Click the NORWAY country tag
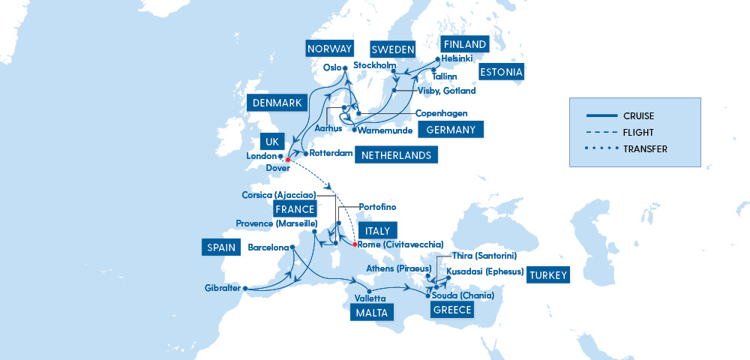click(329, 49)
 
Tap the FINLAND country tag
click(463, 44)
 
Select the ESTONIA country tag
click(502, 72)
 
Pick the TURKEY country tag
click(548, 274)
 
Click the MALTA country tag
click(371, 313)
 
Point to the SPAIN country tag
click(217, 247)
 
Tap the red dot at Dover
click(288, 160)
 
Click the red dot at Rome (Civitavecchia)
click(355, 244)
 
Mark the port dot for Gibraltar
click(245, 288)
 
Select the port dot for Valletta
click(369, 289)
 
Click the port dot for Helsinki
click(437, 59)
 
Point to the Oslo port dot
click(345, 67)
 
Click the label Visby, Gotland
click(446, 91)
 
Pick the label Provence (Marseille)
click(277, 223)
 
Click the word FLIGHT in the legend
click(638, 132)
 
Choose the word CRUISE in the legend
click(638, 115)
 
